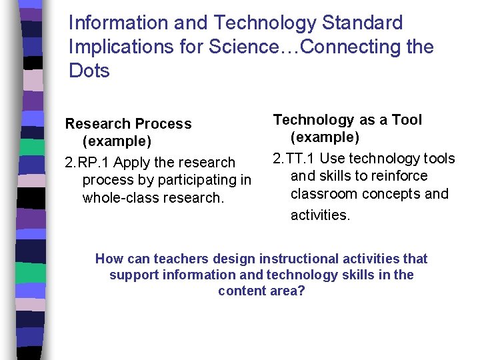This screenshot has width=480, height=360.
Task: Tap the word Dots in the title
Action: (89, 71)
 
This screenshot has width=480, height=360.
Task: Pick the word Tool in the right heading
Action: (407, 120)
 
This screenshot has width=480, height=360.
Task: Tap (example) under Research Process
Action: (117, 141)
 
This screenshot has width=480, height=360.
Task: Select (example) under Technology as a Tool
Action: (325, 137)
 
